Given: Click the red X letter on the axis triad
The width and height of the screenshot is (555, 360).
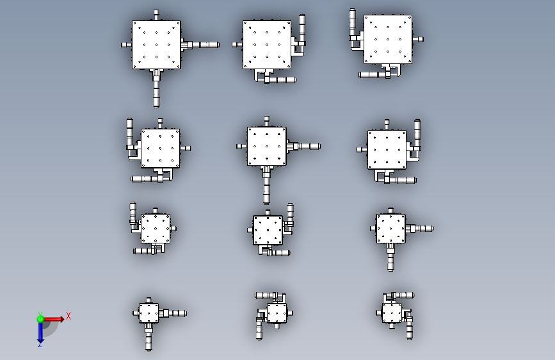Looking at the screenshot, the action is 68,316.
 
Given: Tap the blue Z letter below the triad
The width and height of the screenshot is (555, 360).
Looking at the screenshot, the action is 40,344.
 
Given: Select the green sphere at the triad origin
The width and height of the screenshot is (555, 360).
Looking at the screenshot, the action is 40,319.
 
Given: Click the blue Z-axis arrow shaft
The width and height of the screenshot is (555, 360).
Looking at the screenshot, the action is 40,331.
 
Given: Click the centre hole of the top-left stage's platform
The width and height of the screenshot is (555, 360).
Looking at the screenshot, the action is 156,45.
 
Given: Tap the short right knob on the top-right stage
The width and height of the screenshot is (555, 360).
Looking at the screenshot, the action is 418,39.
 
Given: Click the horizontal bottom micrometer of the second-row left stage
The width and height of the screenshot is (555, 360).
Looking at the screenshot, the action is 146,179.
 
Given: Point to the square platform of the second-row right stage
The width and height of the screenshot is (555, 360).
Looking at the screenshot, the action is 387,149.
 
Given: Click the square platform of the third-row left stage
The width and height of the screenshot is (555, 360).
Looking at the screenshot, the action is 156,229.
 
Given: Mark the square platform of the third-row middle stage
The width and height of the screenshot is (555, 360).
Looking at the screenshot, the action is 268,231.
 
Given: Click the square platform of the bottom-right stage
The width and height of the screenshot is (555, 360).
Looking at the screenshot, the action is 392,313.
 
